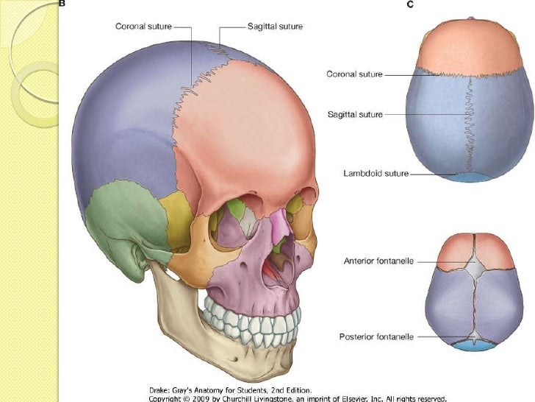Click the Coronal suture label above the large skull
coord(143,27)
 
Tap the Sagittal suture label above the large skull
coord(275,27)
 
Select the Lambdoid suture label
coord(376,173)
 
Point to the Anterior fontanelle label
coord(378,261)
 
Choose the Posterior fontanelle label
coord(376,336)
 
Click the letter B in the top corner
coord(62,4)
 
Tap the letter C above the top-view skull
coord(410,4)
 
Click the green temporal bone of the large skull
coord(126,219)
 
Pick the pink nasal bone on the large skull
coord(281,224)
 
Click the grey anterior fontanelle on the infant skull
coord(475,267)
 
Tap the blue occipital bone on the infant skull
coord(474,346)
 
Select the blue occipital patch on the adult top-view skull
coord(470,177)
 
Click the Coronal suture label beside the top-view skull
coord(354,74)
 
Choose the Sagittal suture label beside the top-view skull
coord(355,114)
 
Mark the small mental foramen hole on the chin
coord(235,359)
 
